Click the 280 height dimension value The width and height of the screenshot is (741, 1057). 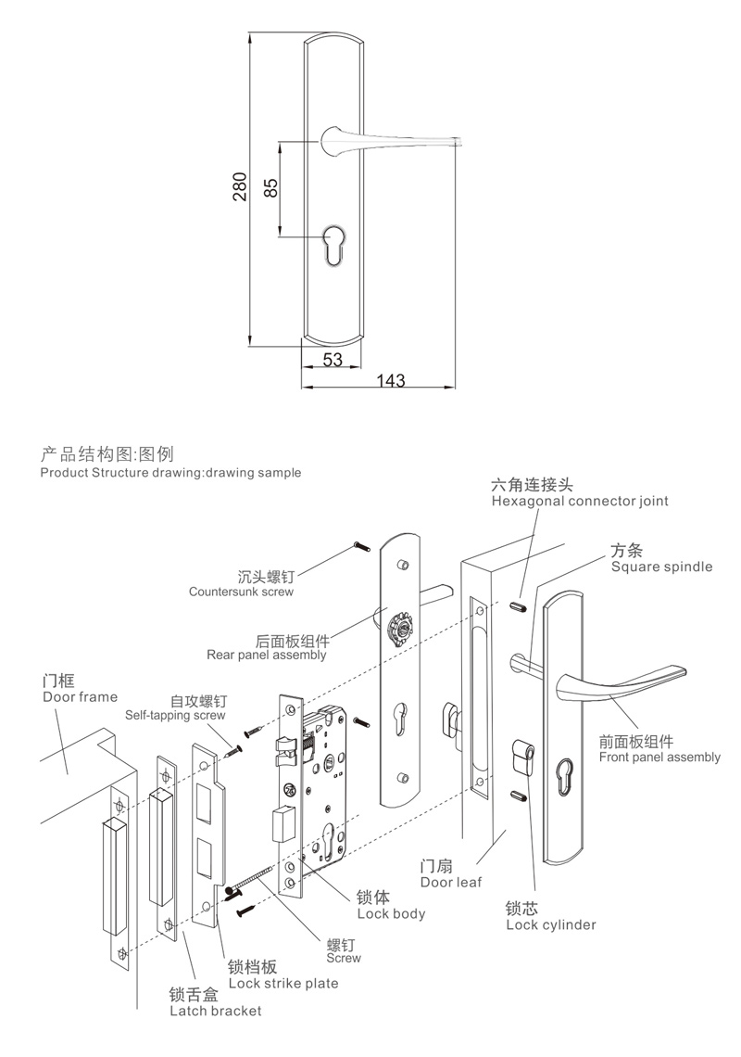coord(238,188)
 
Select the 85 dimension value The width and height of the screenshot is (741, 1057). coord(270,188)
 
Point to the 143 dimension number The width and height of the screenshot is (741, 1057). coord(392,380)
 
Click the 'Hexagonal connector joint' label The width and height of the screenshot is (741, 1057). coord(579,501)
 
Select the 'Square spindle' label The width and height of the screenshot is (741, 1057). coord(661,566)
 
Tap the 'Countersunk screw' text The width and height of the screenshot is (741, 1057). coord(241,591)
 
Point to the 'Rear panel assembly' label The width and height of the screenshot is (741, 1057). coord(266,655)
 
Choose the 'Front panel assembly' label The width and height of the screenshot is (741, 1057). coord(659,757)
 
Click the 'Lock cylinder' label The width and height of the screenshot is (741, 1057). coord(551,924)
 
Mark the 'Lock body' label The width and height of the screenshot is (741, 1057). coord(390,913)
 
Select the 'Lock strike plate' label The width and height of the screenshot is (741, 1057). coord(283,983)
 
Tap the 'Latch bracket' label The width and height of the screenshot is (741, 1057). coord(215,1011)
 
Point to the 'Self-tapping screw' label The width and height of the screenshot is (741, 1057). coord(175,715)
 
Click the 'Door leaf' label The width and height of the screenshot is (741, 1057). coord(450,883)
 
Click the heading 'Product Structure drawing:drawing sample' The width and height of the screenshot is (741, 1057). coord(171,472)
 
